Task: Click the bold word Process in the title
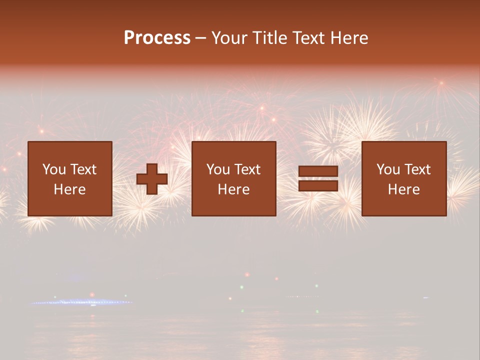click(157, 38)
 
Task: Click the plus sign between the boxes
click(152, 179)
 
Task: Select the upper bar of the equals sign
click(318, 171)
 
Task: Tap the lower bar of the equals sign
click(318, 186)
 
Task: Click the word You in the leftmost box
click(54, 169)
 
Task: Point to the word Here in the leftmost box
click(70, 189)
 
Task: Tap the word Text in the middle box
click(247, 169)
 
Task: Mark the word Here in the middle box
click(234, 189)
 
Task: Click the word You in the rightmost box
click(388, 169)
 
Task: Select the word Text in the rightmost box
click(417, 169)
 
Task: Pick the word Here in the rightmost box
click(404, 189)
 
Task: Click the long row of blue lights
click(80, 302)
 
